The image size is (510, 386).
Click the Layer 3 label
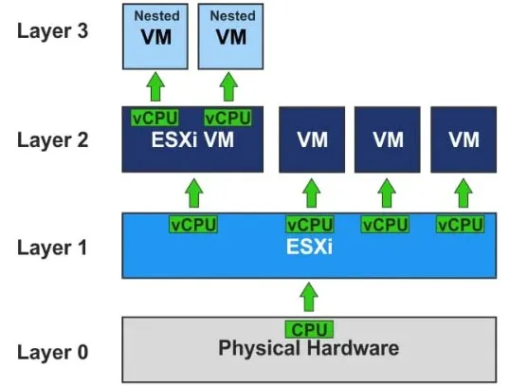coord(52,31)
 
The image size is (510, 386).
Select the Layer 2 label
coord(52,140)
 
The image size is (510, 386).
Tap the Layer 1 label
coord(52,248)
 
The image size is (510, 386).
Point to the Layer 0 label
coord(52,352)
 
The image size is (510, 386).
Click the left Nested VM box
coord(155,36)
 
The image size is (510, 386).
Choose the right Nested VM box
coord(230,36)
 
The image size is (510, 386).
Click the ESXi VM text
coord(192,140)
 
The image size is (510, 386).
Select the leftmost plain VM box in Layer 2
coord(312,139)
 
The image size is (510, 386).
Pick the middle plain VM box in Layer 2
coord(388,139)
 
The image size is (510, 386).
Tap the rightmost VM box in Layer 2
coord(464,139)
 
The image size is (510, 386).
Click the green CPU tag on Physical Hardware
coord(309,329)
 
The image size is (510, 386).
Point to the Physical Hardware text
coord(309,348)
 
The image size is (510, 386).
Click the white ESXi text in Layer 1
coord(309,247)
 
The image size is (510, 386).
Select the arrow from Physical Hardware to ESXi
coord(309,297)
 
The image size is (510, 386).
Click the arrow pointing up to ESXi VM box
coord(193,193)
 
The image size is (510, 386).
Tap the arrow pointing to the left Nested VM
coord(155,86)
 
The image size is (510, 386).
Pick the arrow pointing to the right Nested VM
coord(228,86)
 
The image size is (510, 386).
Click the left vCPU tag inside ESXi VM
coord(155,118)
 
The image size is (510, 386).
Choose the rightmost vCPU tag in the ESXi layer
coord(461,225)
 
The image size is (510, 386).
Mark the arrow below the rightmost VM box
coord(464,193)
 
